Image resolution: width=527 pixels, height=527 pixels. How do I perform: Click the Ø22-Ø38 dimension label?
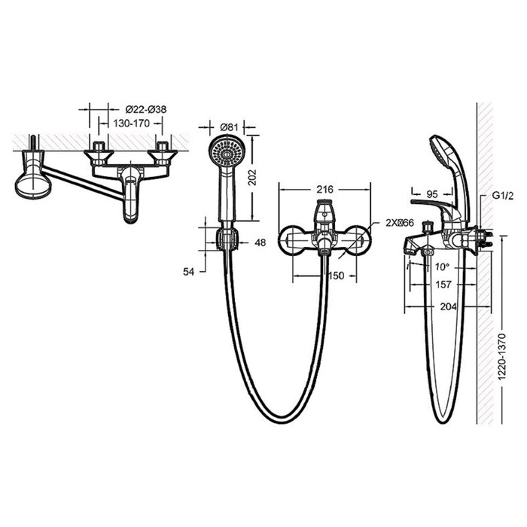pyautogui.click(x=146, y=110)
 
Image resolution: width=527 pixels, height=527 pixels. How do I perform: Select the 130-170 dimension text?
pyautogui.click(x=132, y=123)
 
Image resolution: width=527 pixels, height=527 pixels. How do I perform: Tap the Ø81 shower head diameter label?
pyautogui.click(x=229, y=127)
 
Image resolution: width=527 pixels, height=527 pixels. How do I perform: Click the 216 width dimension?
pyautogui.click(x=324, y=190)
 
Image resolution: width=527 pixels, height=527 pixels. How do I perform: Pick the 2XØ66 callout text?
pyautogui.click(x=399, y=223)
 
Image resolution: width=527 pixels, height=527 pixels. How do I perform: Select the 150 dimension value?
pyautogui.click(x=336, y=276)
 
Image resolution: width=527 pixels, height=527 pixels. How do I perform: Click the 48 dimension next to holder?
pyautogui.click(x=260, y=242)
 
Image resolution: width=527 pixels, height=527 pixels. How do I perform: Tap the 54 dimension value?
pyautogui.click(x=188, y=272)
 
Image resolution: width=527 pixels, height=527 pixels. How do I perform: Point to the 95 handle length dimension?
pyautogui.click(x=432, y=194)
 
